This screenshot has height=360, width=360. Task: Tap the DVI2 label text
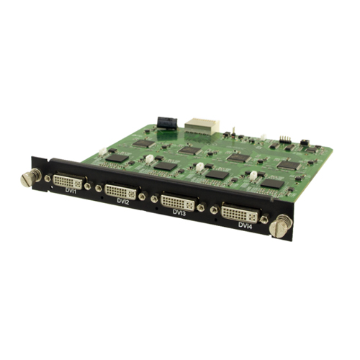click(x=123, y=202)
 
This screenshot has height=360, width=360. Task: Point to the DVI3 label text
click(x=179, y=213)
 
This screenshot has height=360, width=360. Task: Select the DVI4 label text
click(x=246, y=225)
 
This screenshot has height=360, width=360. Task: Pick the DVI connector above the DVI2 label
click(x=122, y=192)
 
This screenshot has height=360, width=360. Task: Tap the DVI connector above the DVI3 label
click(x=179, y=202)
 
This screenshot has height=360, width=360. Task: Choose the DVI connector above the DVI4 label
click(x=240, y=213)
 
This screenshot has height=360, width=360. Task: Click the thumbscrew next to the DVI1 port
click(x=30, y=177)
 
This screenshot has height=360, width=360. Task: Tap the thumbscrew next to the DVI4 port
click(x=281, y=226)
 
